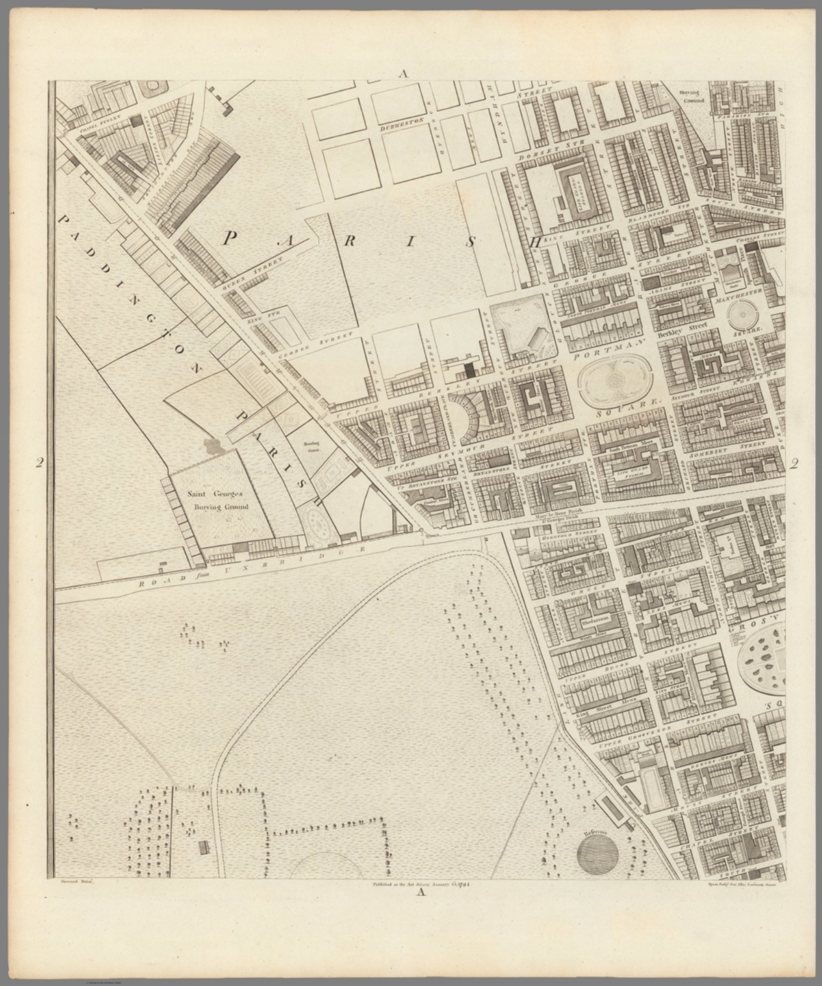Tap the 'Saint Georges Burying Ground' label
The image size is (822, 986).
pos(217,500)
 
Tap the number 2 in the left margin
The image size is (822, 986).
pos(40,463)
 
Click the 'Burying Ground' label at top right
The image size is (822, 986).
pos(692,97)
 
